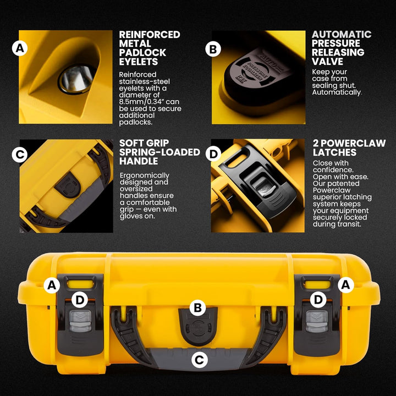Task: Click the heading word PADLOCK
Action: tap(142, 53)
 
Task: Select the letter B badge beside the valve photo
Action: tap(213, 49)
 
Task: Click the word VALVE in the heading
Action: tap(327, 62)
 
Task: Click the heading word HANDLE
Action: tap(139, 161)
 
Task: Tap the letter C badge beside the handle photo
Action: tap(20, 155)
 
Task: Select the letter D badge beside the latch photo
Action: tap(213, 154)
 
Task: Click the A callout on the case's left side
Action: tap(52, 285)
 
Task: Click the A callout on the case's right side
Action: tap(346, 285)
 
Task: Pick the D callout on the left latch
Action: tap(80, 300)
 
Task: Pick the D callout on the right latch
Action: tap(318, 300)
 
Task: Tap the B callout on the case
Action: tap(198, 307)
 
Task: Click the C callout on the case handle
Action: tap(199, 360)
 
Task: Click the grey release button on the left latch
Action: tap(80, 321)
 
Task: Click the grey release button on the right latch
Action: tap(317, 321)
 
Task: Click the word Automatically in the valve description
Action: tap(337, 92)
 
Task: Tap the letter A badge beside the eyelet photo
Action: tap(20, 48)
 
